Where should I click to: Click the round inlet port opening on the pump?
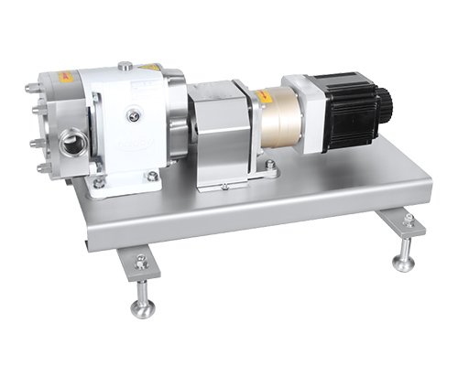click(x=72, y=144)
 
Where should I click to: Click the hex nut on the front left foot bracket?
click(x=141, y=263)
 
